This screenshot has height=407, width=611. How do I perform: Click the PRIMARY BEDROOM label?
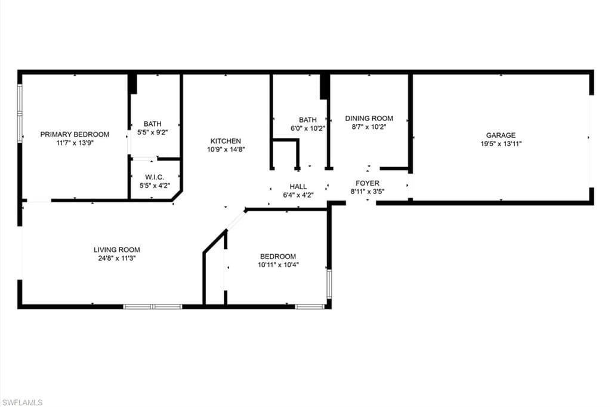coord(75,134)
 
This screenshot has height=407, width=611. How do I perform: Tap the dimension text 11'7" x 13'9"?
coord(75,143)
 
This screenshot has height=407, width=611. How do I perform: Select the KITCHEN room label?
coord(226,141)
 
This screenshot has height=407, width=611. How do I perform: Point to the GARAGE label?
coord(500,135)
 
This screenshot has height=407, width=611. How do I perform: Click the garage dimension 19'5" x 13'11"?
coord(500,144)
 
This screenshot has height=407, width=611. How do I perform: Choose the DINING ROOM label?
coord(369,118)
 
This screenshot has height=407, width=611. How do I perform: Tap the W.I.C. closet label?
coord(155,177)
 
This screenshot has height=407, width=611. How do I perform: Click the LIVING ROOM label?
coord(116,249)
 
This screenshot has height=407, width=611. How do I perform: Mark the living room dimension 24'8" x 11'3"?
coord(116,258)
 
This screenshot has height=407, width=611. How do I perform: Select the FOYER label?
coord(367,183)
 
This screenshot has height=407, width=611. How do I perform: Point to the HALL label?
coord(298,186)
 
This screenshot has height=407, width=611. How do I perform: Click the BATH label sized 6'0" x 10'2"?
coord(308,120)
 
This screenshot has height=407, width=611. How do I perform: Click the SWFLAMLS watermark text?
coord(22,402)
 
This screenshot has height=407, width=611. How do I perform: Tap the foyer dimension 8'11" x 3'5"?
coord(367,192)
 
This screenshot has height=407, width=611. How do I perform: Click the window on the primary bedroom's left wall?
coord(20,113)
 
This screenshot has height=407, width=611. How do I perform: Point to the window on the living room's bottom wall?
coord(152,307)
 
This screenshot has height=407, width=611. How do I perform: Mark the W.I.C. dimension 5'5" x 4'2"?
coord(155,185)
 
